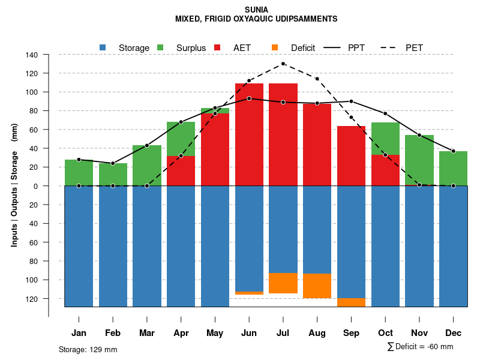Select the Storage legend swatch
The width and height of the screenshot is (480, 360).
point(103,47)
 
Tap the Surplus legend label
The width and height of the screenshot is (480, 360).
point(191,48)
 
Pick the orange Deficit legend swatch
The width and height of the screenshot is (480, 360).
point(275,47)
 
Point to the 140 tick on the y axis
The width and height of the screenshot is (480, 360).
point(32,55)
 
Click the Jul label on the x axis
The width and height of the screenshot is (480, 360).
point(283,333)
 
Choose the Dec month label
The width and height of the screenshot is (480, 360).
point(453,333)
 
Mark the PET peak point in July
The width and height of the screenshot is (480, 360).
point(283,64)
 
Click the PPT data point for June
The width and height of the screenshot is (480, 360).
point(249,98)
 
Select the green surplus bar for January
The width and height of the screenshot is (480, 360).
point(79,173)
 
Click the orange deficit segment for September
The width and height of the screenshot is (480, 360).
point(352,302)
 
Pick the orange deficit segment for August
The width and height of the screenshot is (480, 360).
point(317,286)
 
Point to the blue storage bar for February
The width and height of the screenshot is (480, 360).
point(113,246)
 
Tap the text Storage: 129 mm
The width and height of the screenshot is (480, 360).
point(88,350)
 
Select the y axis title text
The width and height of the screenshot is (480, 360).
point(14,180)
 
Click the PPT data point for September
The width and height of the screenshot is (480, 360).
point(351,101)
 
